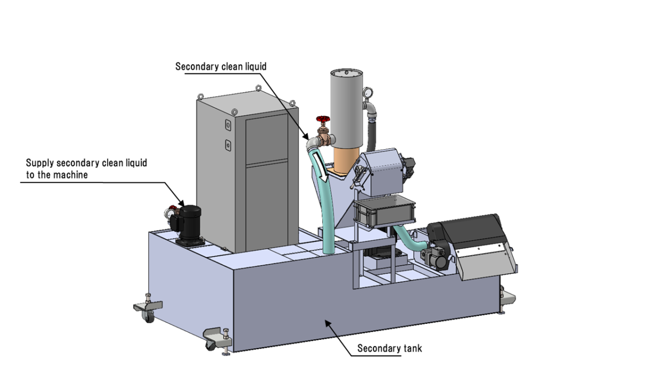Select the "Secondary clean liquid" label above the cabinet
tap(221, 66)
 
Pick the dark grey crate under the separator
tap(385, 213)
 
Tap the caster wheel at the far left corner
tap(148, 316)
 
